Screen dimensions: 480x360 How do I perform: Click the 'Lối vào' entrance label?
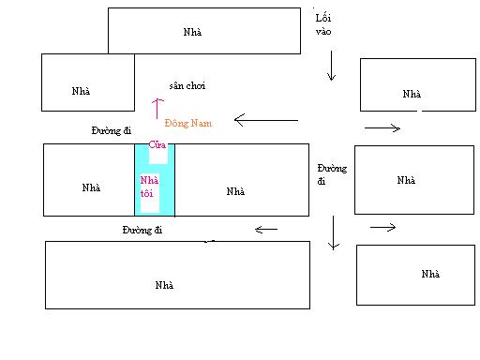(x=323, y=24)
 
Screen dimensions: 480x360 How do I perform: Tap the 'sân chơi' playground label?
(x=187, y=85)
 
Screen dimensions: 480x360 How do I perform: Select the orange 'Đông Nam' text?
(x=188, y=123)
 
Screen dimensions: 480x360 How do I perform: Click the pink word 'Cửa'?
(x=157, y=144)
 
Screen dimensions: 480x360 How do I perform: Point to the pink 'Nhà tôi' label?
(x=149, y=187)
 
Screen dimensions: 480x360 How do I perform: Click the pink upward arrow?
(x=157, y=109)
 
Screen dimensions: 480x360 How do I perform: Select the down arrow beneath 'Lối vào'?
(x=331, y=66)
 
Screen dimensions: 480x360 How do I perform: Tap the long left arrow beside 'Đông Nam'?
(x=266, y=120)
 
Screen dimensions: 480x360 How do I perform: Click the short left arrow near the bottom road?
(x=266, y=230)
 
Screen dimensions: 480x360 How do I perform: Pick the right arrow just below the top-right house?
(x=382, y=127)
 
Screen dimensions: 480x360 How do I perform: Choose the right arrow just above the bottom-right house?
(x=383, y=227)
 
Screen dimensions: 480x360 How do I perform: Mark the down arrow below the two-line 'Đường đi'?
(x=334, y=232)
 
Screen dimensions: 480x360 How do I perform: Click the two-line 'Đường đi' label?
(x=332, y=174)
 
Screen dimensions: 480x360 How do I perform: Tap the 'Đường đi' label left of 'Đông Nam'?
(x=112, y=130)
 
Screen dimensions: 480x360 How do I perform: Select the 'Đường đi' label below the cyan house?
(x=142, y=230)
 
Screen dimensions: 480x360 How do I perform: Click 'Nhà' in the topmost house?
(x=192, y=32)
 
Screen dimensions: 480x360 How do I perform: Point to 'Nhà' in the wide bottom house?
(x=164, y=285)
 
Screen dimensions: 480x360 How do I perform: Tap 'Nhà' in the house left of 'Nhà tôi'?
(x=91, y=187)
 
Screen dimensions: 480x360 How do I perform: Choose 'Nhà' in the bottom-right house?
(x=430, y=274)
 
